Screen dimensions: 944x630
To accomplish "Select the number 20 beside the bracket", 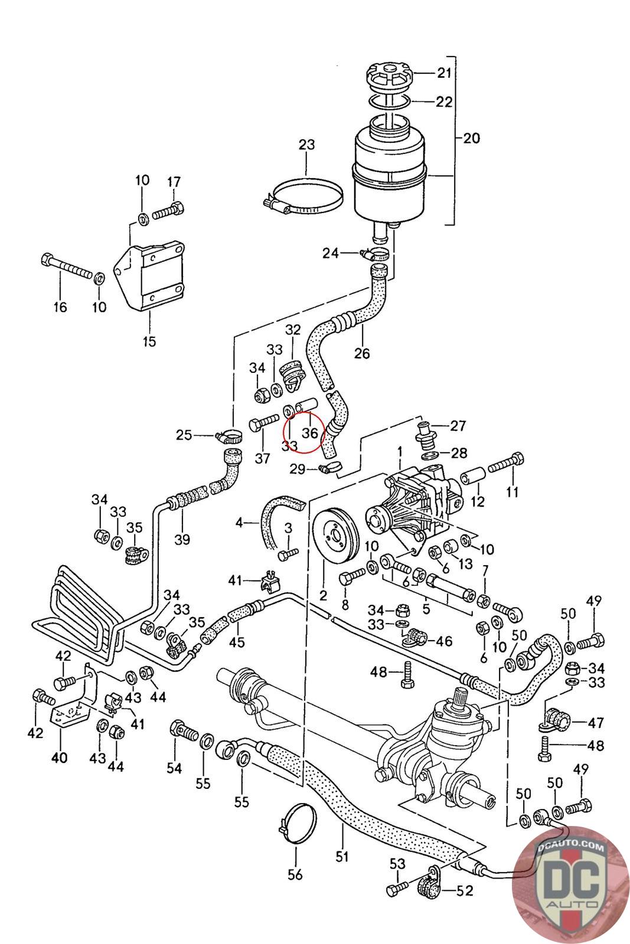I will [x=471, y=138].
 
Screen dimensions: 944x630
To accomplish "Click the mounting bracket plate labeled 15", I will [x=151, y=274].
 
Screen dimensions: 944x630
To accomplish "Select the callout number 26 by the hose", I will [x=361, y=353].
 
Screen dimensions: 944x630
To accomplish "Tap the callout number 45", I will [x=237, y=642].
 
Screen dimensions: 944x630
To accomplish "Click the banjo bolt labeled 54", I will [x=184, y=732].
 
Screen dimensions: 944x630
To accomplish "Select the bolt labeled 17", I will [x=169, y=211].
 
